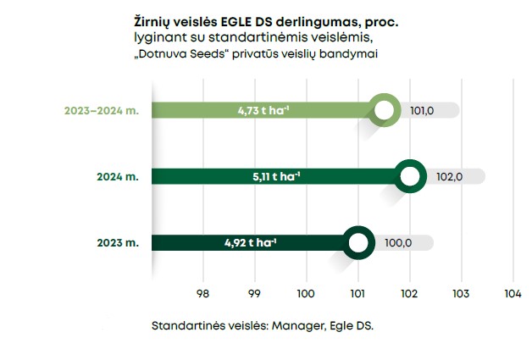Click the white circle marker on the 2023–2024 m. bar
click(x=385, y=110)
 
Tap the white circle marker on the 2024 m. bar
click(x=411, y=176)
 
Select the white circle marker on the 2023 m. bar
click(x=358, y=242)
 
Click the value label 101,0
click(x=423, y=110)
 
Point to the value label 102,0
click(x=448, y=176)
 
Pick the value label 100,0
click(x=397, y=242)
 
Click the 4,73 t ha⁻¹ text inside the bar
click(x=265, y=110)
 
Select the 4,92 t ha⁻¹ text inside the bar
click(x=250, y=242)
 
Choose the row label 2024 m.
click(x=117, y=176)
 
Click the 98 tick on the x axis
click(x=202, y=294)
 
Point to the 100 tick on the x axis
click(x=306, y=294)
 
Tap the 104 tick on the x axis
click(x=512, y=294)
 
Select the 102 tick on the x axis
click(x=409, y=294)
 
